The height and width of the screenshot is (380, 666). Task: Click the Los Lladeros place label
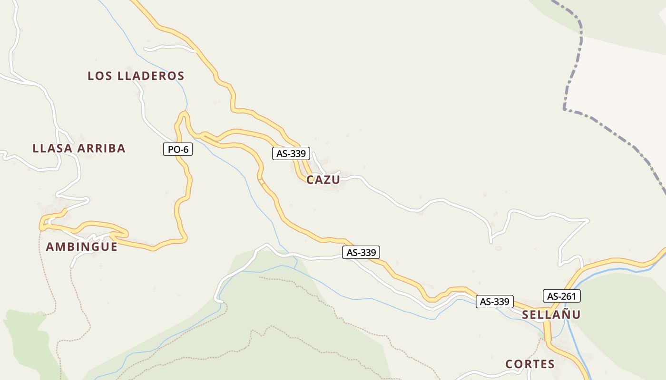click(136, 76)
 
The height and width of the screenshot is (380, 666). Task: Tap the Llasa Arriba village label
click(79, 148)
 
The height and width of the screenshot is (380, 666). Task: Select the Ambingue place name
click(81, 247)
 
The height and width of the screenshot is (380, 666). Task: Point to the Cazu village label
click(323, 180)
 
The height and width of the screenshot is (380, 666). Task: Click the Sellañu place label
click(551, 314)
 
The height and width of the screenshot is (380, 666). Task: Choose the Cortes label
click(530, 364)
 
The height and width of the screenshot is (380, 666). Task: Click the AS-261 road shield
click(562, 296)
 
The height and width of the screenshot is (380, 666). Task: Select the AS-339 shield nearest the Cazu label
click(291, 153)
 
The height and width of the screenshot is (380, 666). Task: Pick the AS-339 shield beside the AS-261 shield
click(495, 302)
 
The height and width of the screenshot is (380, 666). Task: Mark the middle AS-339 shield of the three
click(361, 253)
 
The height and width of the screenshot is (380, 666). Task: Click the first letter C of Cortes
click(509, 364)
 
